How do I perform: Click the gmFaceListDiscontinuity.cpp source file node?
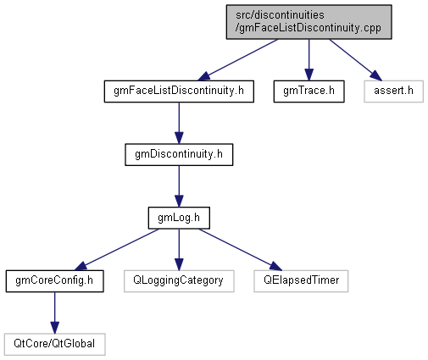point(308,22)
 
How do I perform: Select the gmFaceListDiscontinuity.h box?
point(179,91)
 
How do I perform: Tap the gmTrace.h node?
point(308,91)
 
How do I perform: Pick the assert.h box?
point(393,91)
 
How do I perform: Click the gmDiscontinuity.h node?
point(179,155)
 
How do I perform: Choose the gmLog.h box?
point(179,218)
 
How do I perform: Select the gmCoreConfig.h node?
point(54,281)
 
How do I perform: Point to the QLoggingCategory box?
point(179,281)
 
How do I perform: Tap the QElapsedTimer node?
point(301,281)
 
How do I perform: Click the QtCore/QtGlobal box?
point(54,345)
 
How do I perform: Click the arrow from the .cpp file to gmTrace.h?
point(308,60)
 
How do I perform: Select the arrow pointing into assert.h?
point(356,60)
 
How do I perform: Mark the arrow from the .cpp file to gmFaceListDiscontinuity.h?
point(237,60)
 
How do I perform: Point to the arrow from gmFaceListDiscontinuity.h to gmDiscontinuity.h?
point(179,123)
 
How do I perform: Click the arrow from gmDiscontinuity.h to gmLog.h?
point(179,186)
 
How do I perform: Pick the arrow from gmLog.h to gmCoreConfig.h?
point(116,250)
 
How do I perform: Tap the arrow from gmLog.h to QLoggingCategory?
point(179,250)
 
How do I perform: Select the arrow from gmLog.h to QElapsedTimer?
point(241,250)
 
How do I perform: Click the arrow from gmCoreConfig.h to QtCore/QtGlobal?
point(54,313)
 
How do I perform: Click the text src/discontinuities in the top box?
point(280,15)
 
